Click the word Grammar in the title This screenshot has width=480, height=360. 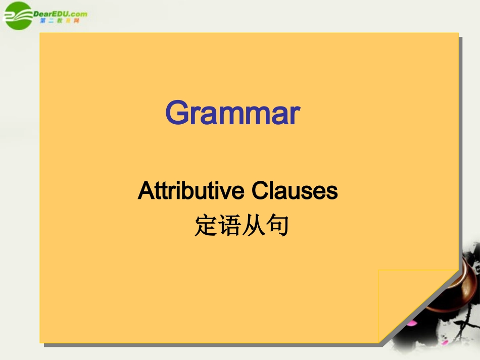[x=233, y=114]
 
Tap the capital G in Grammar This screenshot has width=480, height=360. [x=178, y=113]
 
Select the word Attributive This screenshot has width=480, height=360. [x=190, y=191]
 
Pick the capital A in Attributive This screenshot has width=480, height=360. [x=146, y=190]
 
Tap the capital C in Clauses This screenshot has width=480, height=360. [x=259, y=191]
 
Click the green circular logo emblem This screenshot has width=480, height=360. [x=18, y=15]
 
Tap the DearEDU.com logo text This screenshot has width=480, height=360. [x=60, y=14]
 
